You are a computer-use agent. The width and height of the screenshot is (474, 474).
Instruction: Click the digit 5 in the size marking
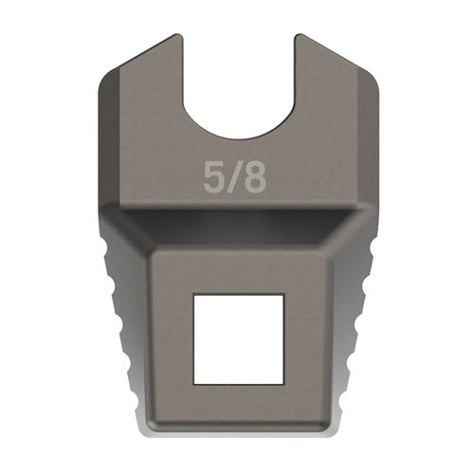coord(215,177)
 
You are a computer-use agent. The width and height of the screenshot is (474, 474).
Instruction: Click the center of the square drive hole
coord(238,338)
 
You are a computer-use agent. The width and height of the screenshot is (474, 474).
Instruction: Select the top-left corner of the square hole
coord(194,295)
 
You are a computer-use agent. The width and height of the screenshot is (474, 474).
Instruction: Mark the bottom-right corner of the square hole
coord(283,383)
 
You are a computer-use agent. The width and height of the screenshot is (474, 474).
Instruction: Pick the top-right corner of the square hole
coord(283,295)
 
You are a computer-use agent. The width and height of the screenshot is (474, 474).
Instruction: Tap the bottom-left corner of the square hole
coord(194,383)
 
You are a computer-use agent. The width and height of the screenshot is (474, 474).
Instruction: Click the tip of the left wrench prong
coord(178,38)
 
